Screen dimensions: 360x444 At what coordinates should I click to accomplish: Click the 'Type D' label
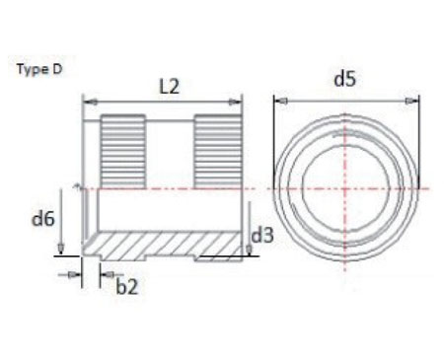(40, 71)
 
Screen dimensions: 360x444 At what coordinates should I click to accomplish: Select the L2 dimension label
(170, 86)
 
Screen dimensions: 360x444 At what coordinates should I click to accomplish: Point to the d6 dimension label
(42, 218)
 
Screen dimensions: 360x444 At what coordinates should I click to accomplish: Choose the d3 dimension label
(262, 236)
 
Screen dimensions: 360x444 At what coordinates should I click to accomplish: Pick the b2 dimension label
(127, 286)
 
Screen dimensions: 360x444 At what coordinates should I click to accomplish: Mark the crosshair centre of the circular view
(346, 187)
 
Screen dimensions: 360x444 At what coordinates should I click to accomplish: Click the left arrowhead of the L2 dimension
(86, 100)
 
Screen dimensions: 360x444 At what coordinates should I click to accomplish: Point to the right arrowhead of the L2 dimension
(238, 100)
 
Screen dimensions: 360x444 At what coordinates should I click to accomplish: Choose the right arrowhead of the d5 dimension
(416, 100)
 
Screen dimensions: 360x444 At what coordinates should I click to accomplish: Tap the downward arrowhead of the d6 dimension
(61, 249)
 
